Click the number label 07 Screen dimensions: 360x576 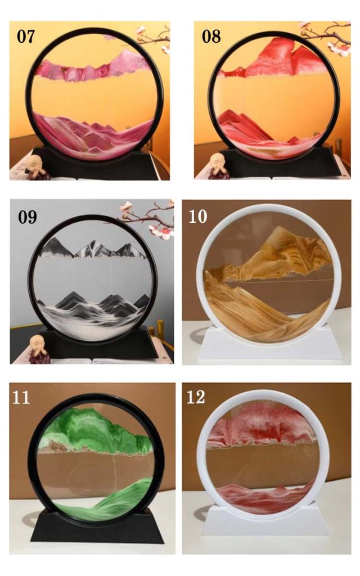26,37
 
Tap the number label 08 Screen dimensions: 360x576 211,37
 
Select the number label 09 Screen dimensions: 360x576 28,217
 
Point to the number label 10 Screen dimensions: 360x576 198,217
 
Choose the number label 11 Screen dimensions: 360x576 21,398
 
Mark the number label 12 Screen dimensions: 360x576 195,397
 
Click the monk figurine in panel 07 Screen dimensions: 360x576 37,168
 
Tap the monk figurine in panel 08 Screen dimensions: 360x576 219,167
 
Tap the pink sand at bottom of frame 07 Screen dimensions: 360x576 94,137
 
